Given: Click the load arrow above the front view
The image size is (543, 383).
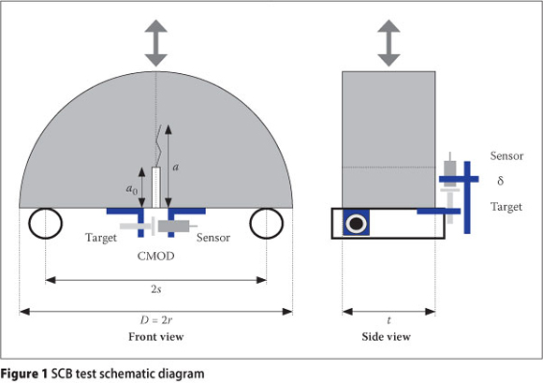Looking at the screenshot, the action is tap(155, 42).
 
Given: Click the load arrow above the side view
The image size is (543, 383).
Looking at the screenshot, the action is tap(389, 42).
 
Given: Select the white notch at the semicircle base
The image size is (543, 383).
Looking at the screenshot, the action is tap(155, 187).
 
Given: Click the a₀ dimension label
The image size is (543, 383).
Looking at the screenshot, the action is tap(132, 189).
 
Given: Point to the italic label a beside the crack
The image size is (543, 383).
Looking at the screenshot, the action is tap(176, 168).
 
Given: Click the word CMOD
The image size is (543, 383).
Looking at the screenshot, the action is tap(155, 257).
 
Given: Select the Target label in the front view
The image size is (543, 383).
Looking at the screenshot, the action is tap(101, 238).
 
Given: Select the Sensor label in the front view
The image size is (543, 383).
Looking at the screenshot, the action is tap(213, 238).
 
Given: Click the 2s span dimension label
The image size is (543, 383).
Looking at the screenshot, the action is tap(156, 288).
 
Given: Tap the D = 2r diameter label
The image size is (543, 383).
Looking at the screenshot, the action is tap(156, 320).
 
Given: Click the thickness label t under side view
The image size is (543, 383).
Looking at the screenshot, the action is tap(389, 320).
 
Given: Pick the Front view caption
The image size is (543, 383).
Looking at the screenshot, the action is tap(156, 336).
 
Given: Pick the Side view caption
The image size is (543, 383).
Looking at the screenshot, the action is tap(386, 336).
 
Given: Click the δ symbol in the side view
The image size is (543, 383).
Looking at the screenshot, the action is tap(501, 181).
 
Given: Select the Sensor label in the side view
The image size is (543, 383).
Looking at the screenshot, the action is tap(506, 155).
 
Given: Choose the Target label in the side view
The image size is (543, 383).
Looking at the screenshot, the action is tap(506, 207).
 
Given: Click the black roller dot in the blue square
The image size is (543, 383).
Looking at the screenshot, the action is tap(357, 223).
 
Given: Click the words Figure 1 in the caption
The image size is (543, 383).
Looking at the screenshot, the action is tap(23, 374).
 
